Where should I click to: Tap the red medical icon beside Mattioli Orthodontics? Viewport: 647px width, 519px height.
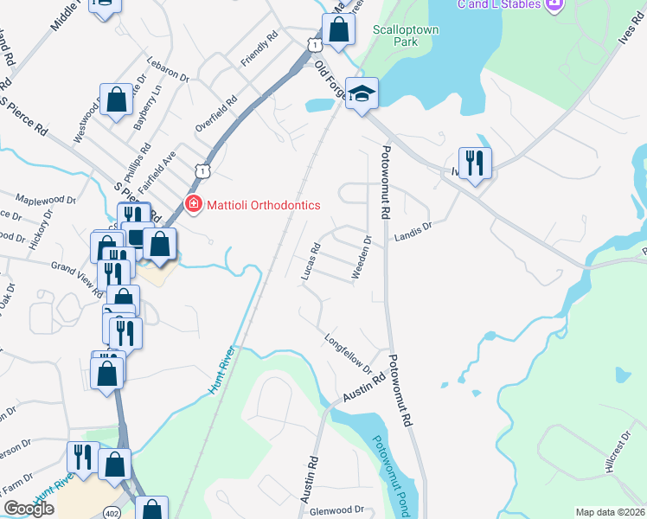pyautogui.click(x=193, y=205)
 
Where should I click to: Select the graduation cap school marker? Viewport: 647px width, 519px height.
pyautogui.click(x=362, y=93)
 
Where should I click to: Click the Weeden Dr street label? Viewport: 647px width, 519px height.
pyautogui.click(x=362, y=258)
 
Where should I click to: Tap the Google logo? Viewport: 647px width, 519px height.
pyautogui.click(x=29, y=509)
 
